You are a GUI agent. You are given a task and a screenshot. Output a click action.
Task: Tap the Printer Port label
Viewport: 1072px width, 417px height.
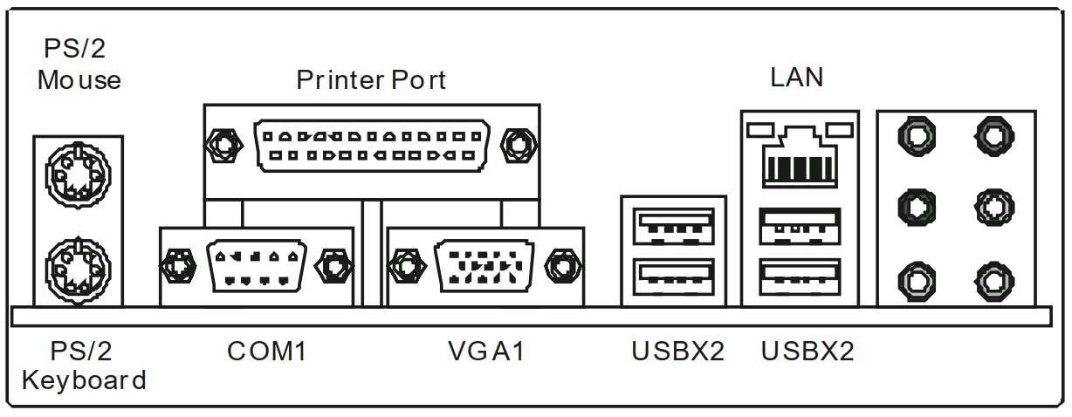click(x=371, y=80)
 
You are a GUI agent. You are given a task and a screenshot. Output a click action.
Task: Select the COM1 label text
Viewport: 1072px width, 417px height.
click(x=267, y=352)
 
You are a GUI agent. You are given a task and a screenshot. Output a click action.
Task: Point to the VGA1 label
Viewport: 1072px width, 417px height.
click(x=486, y=352)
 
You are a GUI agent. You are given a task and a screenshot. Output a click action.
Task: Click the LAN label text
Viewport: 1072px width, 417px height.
click(x=796, y=78)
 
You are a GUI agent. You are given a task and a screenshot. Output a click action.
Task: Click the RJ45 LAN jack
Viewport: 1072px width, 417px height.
click(x=799, y=158)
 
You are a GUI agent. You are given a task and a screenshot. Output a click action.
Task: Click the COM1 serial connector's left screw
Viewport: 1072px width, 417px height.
click(x=178, y=265)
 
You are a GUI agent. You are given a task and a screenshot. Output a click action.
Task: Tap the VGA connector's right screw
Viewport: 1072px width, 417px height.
click(x=560, y=265)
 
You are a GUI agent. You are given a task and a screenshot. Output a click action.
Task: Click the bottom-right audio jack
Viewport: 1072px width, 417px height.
click(x=991, y=281)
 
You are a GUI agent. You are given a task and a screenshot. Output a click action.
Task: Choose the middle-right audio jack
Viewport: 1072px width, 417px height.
click(x=991, y=208)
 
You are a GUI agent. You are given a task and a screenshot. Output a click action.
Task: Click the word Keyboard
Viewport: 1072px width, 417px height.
click(x=84, y=380)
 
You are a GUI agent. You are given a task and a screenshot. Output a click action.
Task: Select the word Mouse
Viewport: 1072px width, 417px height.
click(x=79, y=80)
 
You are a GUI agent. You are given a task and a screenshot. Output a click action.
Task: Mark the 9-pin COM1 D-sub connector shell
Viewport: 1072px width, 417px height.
click(x=256, y=265)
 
